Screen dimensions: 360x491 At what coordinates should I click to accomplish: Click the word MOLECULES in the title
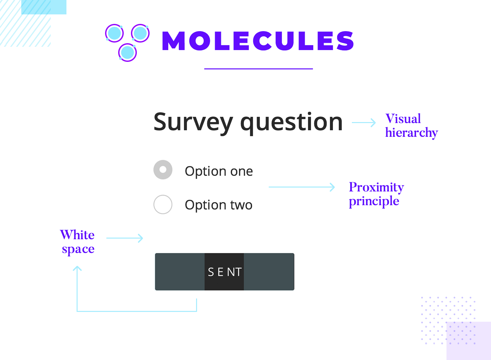click(x=258, y=41)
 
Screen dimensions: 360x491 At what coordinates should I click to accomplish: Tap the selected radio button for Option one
click(x=163, y=170)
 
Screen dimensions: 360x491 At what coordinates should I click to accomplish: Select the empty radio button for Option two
click(x=163, y=205)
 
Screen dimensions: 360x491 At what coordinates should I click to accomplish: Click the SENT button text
click(x=225, y=272)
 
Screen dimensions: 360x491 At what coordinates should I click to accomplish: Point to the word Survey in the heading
click(x=193, y=122)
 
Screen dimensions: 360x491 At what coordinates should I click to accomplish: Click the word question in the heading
click(x=291, y=122)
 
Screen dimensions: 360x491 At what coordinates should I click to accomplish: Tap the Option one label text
click(x=219, y=171)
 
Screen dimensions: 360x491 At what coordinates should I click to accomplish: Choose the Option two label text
click(x=219, y=205)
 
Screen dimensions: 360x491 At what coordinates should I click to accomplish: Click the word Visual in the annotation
click(x=403, y=118)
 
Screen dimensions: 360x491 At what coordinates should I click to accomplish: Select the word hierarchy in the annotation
click(x=411, y=133)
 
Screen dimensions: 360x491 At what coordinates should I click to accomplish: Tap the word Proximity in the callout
click(x=376, y=187)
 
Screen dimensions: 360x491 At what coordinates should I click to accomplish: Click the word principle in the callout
click(x=374, y=201)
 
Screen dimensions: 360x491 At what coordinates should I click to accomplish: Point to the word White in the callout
click(x=77, y=235)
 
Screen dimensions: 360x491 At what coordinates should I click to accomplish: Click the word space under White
click(x=78, y=249)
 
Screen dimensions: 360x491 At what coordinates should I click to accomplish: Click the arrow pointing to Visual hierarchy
click(x=364, y=123)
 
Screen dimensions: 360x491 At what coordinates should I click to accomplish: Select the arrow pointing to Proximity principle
click(x=301, y=187)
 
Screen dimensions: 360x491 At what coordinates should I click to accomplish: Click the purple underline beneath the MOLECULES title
click(x=259, y=69)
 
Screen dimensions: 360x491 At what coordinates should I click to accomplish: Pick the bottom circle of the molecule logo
click(x=127, y=52)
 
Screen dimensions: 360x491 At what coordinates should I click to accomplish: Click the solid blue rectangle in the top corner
click(x=44, y=7)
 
